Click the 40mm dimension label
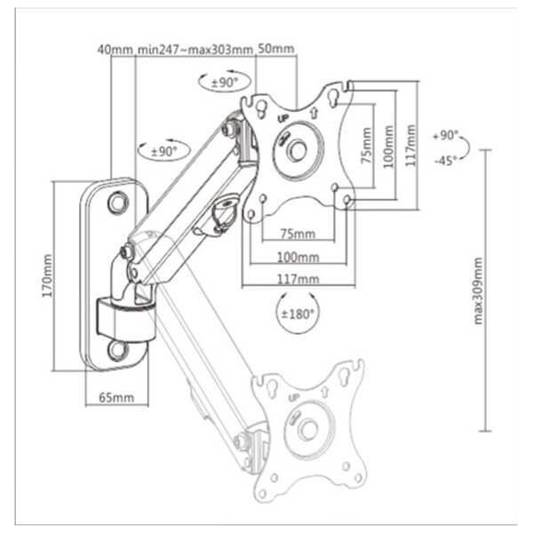[115, 50]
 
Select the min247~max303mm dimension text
[195, 50]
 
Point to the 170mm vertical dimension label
[47, 275]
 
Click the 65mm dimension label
[110, 397]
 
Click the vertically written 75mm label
[366, 145]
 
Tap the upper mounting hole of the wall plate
[117, 203]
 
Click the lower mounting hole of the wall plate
[116, 350]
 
